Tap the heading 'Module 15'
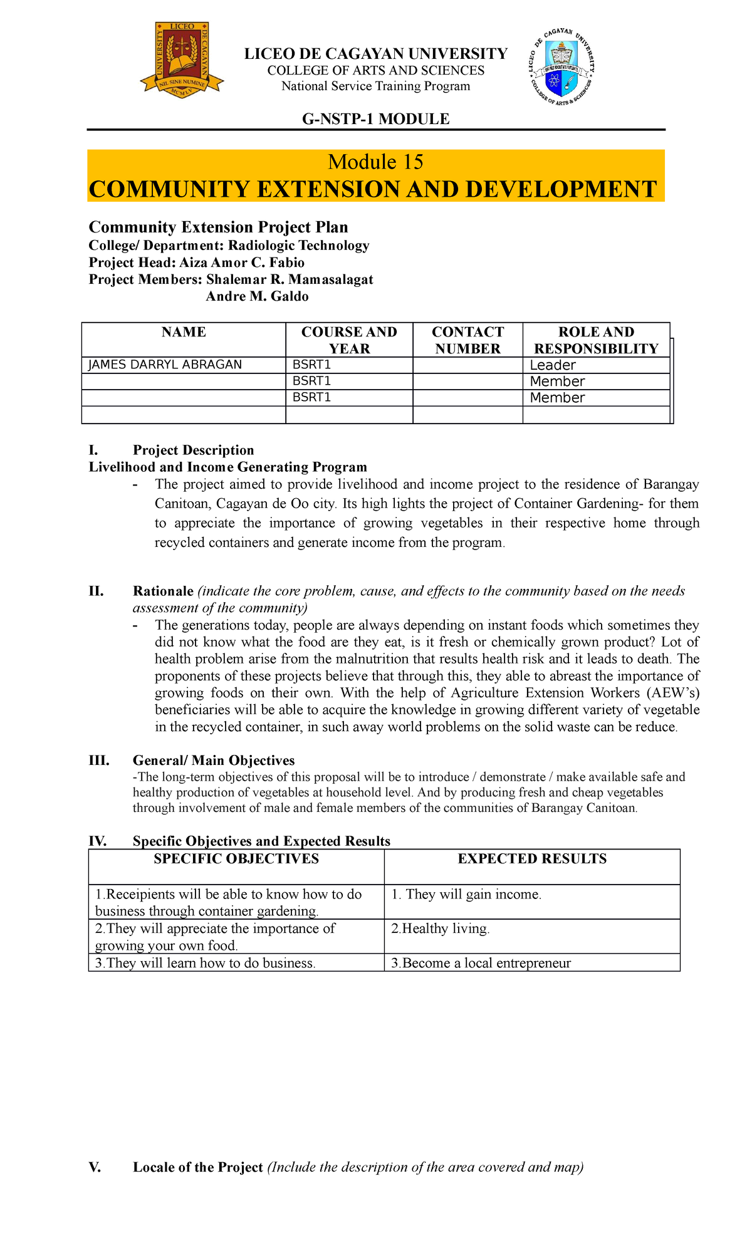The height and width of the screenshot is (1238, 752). (375, 162)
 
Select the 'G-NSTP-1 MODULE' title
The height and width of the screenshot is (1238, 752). (375, 119)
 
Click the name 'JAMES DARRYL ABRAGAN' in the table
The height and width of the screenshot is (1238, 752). (165, 365)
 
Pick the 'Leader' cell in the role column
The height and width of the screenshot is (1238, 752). (552, 365)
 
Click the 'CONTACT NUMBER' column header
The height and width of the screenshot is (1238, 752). (467, 340)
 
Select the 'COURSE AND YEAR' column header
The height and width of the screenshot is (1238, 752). (349, 340)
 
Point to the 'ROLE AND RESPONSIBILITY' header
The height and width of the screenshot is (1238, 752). (596, 340)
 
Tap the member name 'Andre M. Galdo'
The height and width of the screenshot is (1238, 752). (257, 296)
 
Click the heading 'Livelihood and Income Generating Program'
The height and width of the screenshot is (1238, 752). (228, 467)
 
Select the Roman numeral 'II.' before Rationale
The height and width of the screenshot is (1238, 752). (96, 591)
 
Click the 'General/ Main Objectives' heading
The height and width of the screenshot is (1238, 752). (214, 761)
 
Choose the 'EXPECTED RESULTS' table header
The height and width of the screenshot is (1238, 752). (532, 859)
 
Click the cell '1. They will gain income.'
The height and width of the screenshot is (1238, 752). (466, 895)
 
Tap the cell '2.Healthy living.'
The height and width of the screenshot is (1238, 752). (440, 929)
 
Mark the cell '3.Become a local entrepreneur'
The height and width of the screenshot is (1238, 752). (481, 963)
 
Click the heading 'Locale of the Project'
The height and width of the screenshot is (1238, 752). (197, 1167)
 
